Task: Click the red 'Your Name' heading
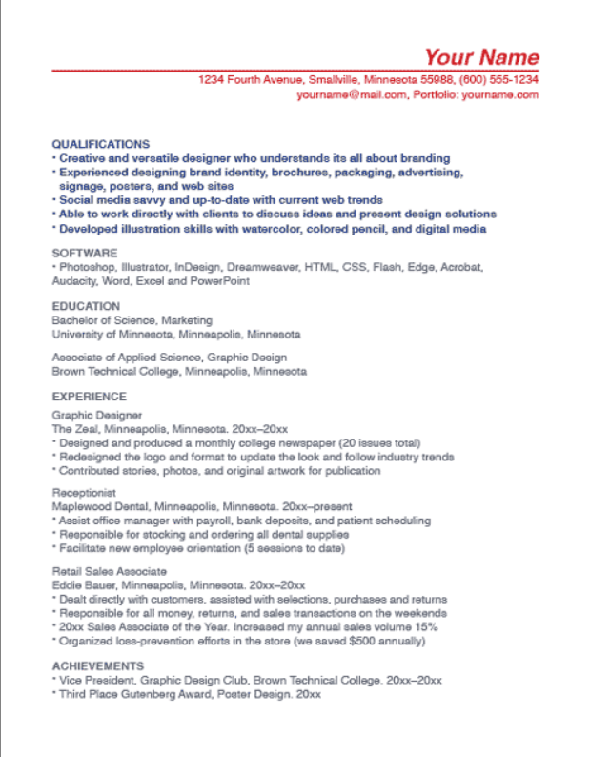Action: pos(481,57)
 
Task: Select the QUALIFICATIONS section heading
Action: pos(100,144)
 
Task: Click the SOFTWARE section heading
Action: pos(85,254)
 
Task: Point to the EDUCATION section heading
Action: pos(86,306)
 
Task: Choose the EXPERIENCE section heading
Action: pos(89,396)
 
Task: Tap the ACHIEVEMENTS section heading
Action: pos(98,665)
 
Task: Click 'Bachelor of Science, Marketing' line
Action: pos(132,320)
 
